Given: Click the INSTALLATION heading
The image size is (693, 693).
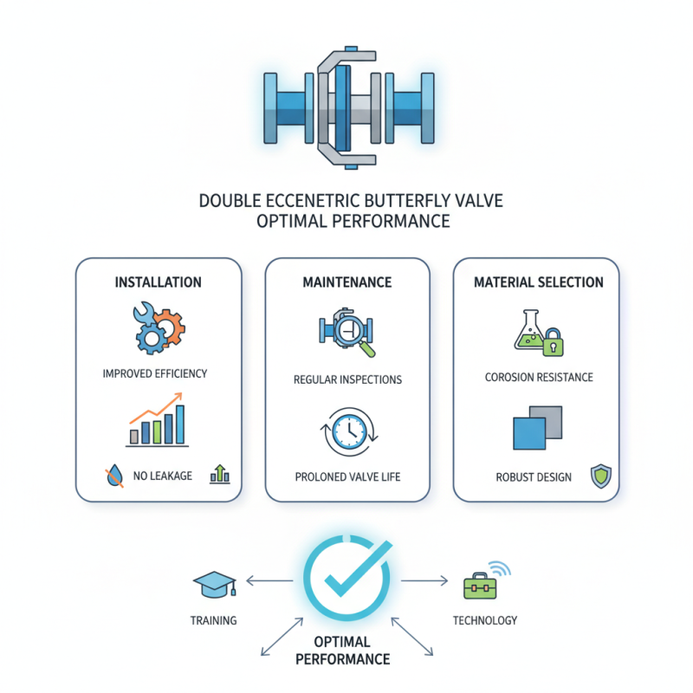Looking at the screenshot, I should pyautogui.click(x=159, y=282).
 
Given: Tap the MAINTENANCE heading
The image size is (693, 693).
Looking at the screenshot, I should pyautogui.click(x=347, y=282).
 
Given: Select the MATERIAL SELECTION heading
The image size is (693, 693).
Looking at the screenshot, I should pyautogui.click(x=536, y=282).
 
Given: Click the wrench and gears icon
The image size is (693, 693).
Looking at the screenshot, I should pyautogui.click(x=159, y=326).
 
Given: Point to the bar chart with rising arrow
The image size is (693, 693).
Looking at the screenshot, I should pyautogui.click(x=158, y=421).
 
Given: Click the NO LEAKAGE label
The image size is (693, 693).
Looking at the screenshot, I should pyautogui.click(x=163, y=476).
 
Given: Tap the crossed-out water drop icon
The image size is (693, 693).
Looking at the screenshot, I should pyautogui.click(x=113, y=475).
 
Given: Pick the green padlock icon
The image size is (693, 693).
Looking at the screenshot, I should pyautogui.click(x=552, y=344).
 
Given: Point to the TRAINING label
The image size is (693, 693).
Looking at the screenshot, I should pyautogui.click(x=213, y=620).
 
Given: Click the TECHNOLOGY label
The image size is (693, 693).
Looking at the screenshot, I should pyautogui.click(x=485, y=620).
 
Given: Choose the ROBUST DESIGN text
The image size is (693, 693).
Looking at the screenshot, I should pyautogui.click(x=534, y=476).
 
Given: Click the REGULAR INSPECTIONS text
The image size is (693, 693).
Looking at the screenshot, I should pyautogui.click(x=346, y=379).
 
